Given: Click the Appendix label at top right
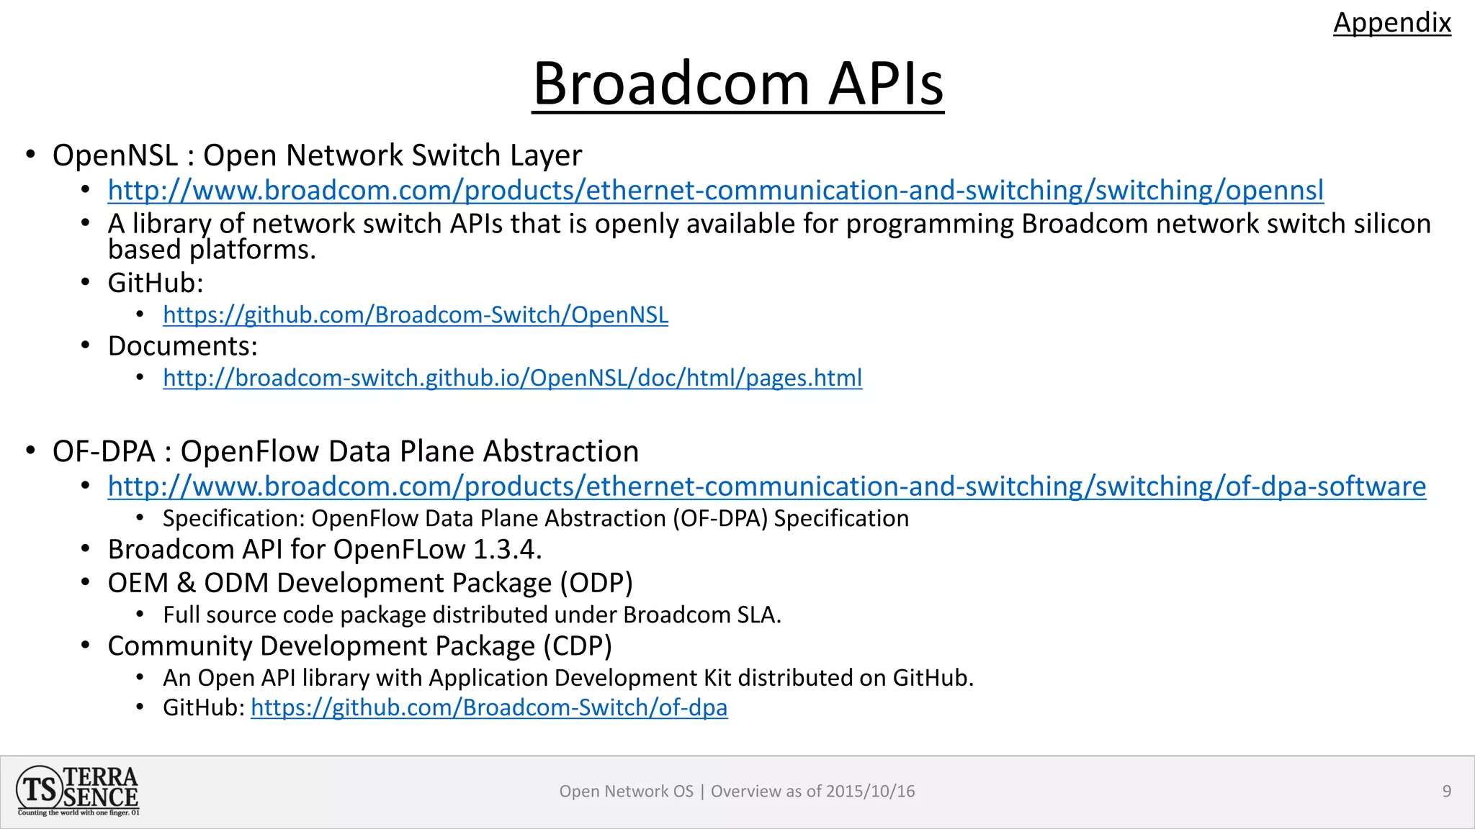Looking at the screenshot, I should tap(1391, 22).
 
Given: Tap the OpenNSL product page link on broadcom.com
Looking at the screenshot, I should tap(715, 190).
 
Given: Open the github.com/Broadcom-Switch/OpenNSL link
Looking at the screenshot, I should tap(415, 314).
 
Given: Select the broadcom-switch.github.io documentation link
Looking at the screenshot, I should tap(512, 378).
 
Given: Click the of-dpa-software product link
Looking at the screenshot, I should tap(766, 486).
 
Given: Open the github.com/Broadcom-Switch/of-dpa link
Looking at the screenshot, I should tap(488, 707).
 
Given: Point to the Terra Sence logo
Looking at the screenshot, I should tap(78, 791).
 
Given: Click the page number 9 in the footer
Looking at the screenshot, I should tap(1446, 791).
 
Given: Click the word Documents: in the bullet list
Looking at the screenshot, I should tap(182, 346).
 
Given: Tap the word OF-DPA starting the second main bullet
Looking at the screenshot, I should tap(104, 452).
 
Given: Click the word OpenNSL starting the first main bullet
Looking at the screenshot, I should tap(115, 155).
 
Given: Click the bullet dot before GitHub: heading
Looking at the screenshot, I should tap(86, 282).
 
